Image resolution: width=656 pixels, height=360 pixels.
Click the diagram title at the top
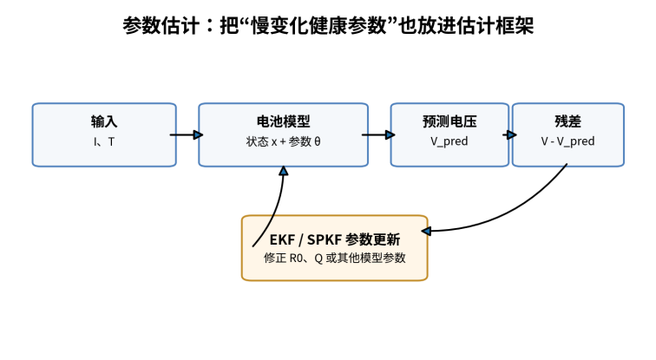point(328,25)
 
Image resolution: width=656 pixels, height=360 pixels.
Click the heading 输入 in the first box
point(104,121)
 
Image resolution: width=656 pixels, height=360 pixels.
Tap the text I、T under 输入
point(104,141)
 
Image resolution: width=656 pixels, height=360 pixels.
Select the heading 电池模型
point(283,121)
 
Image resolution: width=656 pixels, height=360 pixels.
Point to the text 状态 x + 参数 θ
point(283,141)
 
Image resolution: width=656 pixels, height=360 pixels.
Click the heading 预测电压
point(449,121)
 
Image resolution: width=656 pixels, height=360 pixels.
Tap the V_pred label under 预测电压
point(449,141)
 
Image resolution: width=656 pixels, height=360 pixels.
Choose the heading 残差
point(567,121)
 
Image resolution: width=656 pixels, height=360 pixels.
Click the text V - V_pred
point(567,141)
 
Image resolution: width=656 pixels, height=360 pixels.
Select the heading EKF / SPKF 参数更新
point(335,239)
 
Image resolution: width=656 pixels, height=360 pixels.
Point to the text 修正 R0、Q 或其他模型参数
point(335,258)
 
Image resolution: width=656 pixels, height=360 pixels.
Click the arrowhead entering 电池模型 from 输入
point(199,134)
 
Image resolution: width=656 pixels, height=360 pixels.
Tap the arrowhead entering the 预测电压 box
point(390,134)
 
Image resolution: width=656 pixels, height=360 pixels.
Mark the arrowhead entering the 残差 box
point(512,134)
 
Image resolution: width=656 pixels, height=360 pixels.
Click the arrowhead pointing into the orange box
point(426,231)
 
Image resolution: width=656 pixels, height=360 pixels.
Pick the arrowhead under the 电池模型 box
point(284,171)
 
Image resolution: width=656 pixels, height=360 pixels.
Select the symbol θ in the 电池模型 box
point(318,141)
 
